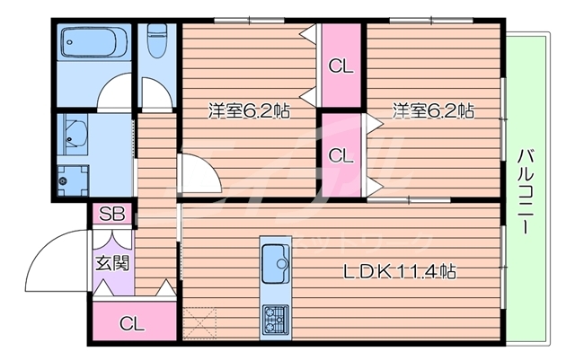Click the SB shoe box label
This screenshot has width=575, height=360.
[x=111, y=215]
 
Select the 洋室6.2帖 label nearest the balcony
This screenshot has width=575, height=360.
[x=433, y=111]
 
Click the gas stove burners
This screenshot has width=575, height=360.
[x=274, y=317]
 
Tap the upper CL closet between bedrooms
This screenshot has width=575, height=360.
[x=340, y=65]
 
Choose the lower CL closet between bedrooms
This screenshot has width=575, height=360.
[x=340, y=154]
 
